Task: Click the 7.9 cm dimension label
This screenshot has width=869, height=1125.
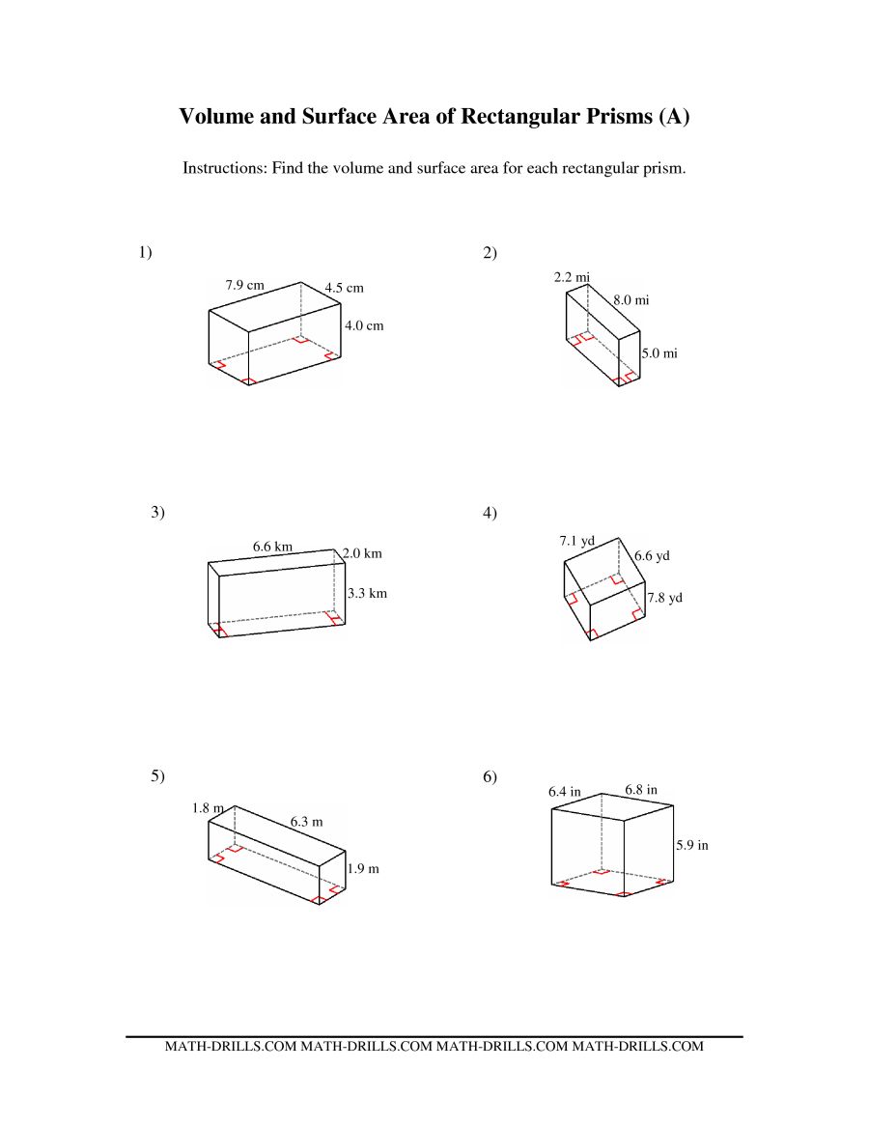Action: (x=244, y=285)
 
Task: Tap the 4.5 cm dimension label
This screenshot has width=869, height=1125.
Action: (x=344, y=288)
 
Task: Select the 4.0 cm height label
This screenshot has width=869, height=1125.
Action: (x=364, y=325)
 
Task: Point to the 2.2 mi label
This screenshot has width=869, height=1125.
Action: (x=572, y=277)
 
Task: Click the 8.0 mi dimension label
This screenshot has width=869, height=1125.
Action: (x=631, y=300)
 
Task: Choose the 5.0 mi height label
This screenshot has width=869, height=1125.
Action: (x=659, y=353)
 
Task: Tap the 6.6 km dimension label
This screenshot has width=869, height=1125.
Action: (x=272, y=546)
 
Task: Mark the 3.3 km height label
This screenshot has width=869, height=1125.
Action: (x=368, y=593)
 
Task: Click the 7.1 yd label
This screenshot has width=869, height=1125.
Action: (x=577, y=540)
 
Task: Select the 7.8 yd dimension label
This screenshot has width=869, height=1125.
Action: (x=665, y=597)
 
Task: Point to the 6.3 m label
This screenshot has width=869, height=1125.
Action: (x=306, y=822)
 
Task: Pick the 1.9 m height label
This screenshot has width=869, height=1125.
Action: (x=363, y=868)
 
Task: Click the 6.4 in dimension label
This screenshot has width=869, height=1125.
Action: (x=565, y=792)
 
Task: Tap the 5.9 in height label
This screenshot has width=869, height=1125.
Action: (x=691, y=845)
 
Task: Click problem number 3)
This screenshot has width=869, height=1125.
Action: (x=158, y=512)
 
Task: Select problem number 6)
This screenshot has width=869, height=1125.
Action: (x=490, y=776)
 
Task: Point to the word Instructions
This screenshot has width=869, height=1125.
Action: (x=225, y=168)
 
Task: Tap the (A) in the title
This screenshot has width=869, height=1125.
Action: (x=675, y=116)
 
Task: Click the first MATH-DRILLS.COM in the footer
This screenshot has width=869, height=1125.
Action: (x=231, y=1046)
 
